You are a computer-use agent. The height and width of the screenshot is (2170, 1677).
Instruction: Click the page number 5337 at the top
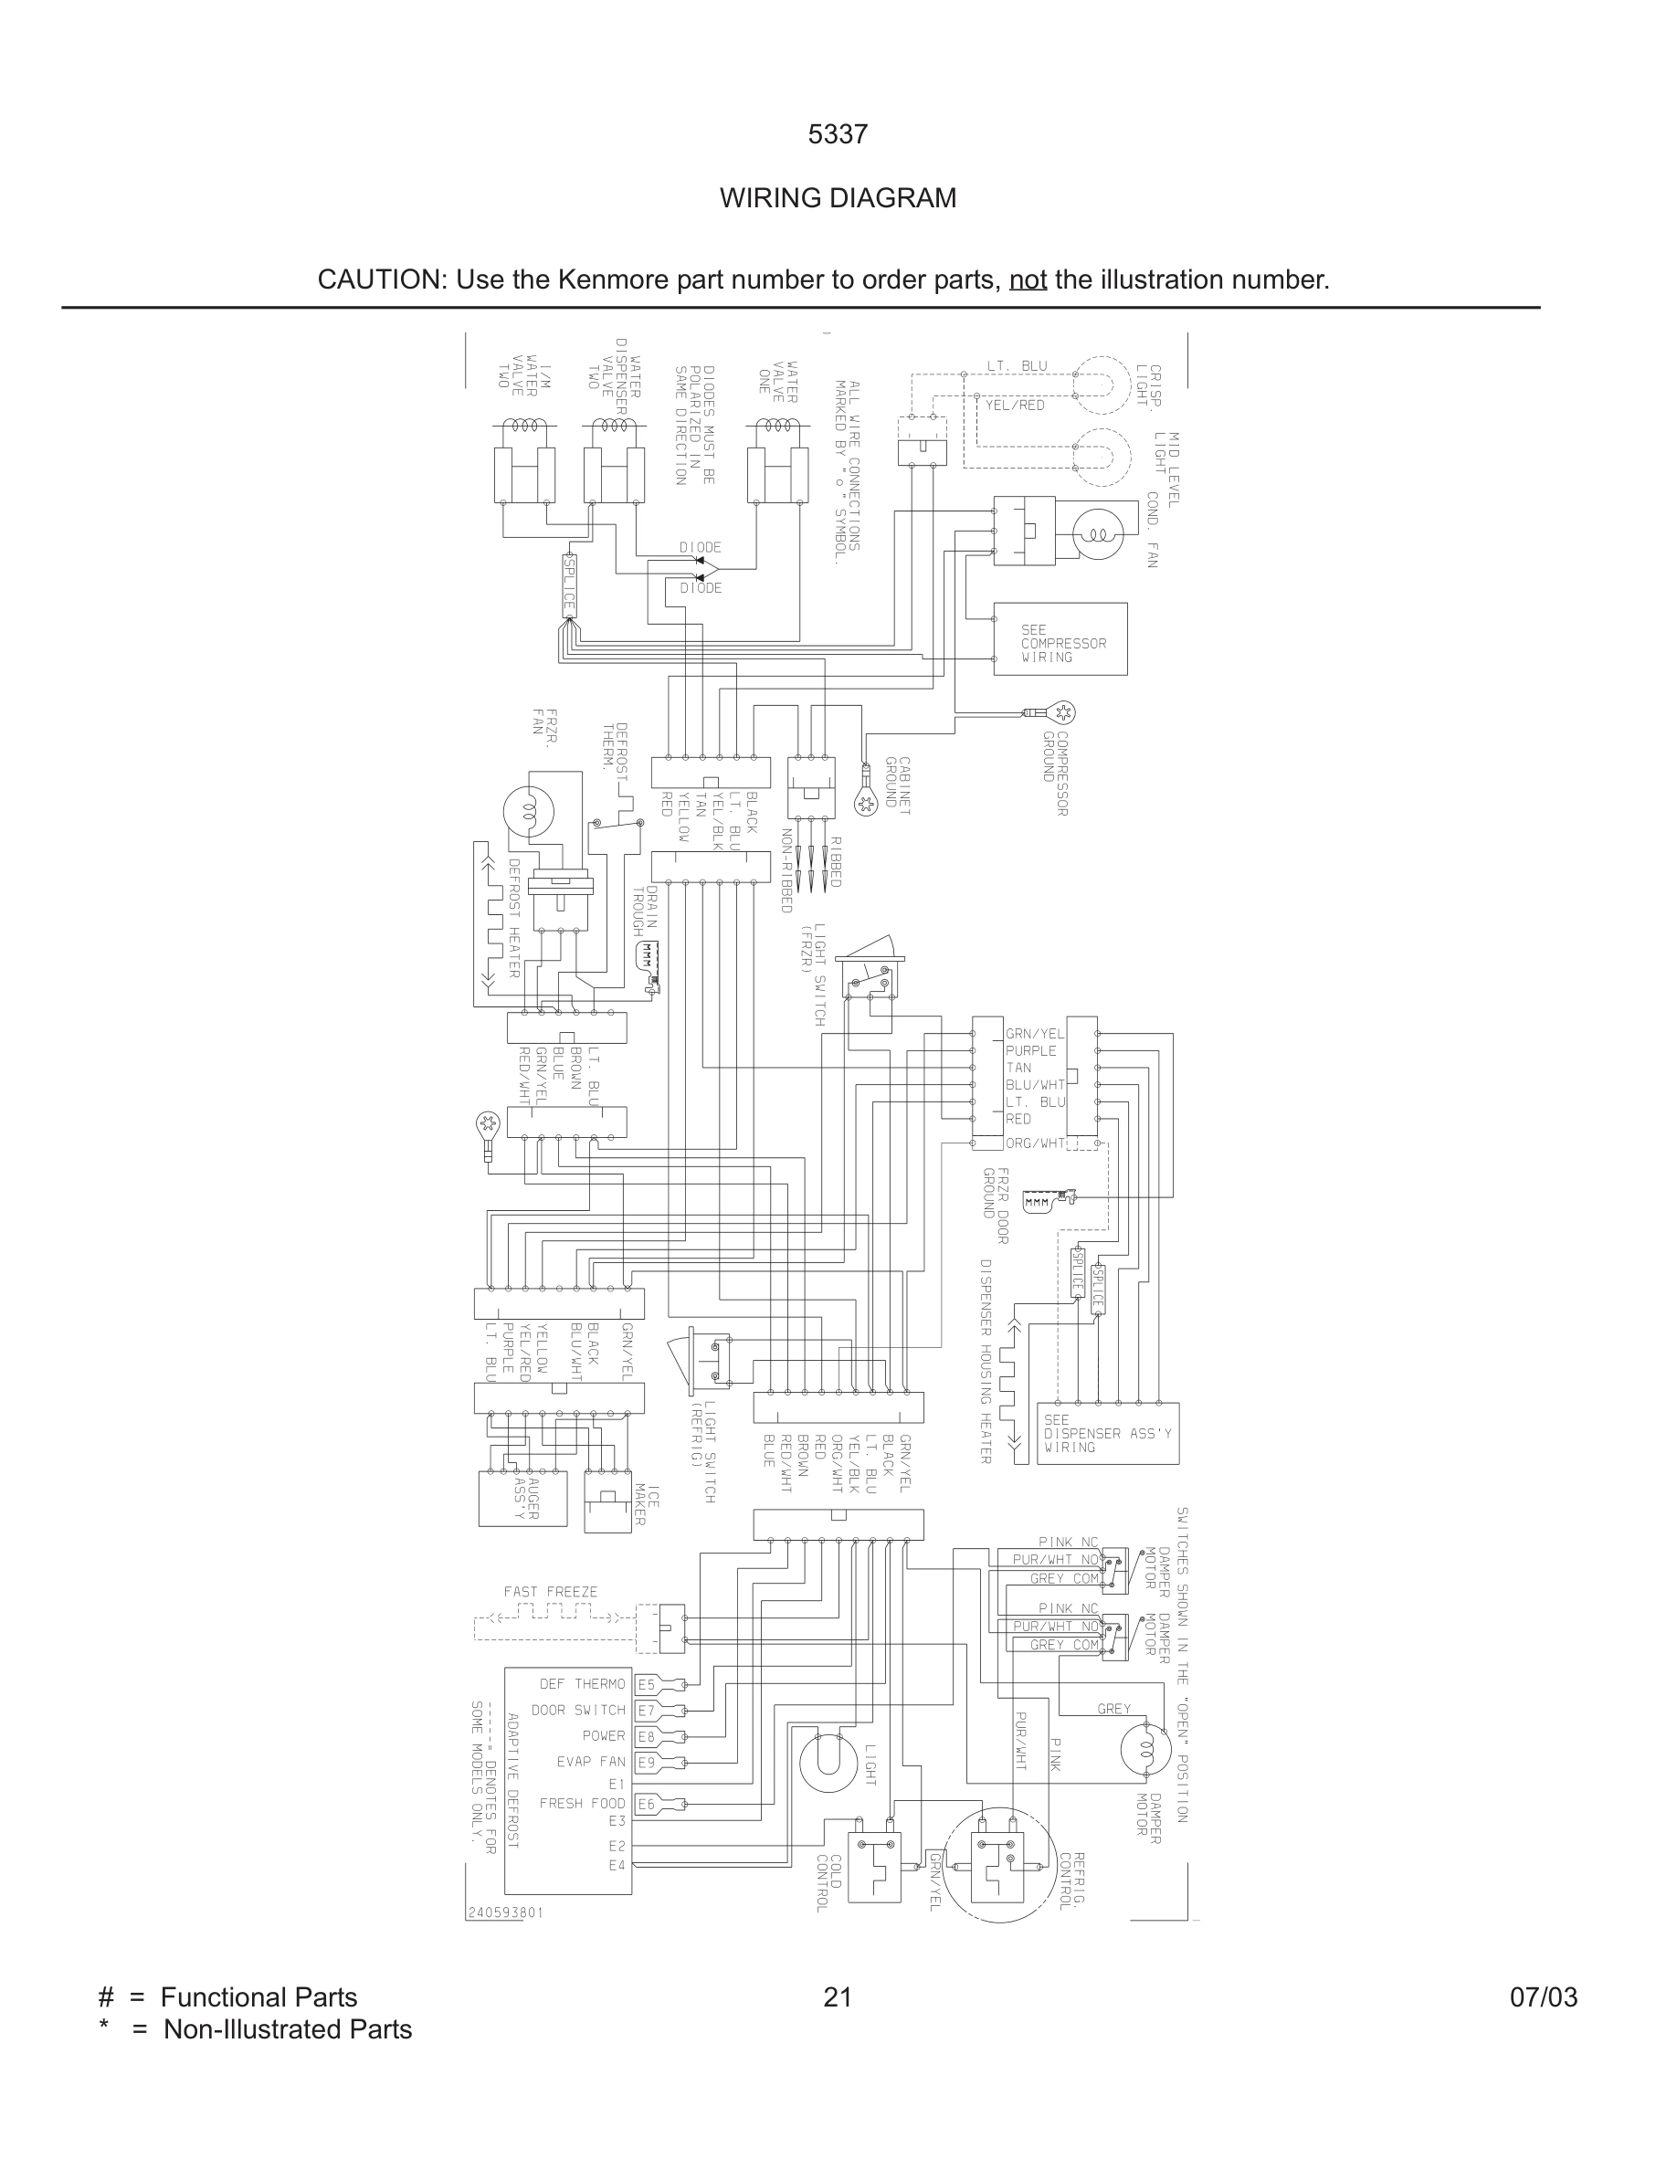click(x=838, y=135)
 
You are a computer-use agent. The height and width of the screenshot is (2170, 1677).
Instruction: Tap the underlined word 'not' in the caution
click(x=1028, y=280)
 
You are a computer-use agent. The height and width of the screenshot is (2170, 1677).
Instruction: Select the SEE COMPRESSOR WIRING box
click(x=1060, y=640)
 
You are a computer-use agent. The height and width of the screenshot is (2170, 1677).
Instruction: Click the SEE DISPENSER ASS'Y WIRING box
click(x=1108, y=1434)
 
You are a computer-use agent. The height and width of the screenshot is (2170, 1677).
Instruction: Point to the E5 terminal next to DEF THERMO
click(x=647, y=1684)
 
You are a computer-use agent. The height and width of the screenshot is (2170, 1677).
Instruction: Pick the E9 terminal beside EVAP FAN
click(x=647, y=1763)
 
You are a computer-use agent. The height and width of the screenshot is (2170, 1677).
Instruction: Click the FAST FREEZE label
click(x=551, y=1592)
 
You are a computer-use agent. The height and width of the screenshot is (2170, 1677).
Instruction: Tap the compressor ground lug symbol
click(x=1064, y=712)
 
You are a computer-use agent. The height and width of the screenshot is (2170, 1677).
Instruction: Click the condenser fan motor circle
click(x=1098, y=532)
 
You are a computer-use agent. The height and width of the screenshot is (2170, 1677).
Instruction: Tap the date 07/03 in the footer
click(x=1543, y=1997)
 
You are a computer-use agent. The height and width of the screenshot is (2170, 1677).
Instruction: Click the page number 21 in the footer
click(x=838, y=1997)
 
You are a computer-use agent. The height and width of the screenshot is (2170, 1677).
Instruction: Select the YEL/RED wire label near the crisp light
click(x=1015, y=406)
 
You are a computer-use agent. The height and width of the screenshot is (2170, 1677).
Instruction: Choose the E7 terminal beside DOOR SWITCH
click(x=647, y=1710)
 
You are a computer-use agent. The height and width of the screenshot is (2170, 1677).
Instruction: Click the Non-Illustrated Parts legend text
click(x=287, y=2029)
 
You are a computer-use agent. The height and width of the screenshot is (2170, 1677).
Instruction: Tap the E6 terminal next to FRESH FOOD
click(x=647, y=1804)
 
